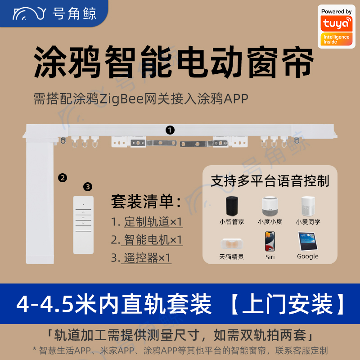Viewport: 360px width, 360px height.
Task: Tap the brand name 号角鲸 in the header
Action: click(74, 13)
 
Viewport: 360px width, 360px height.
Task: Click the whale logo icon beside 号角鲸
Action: click(29, 13)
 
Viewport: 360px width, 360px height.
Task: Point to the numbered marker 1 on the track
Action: click(170, 130)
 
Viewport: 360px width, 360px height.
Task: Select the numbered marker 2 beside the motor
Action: click(63, 178)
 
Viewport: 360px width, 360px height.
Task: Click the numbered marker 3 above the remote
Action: click(88, 187)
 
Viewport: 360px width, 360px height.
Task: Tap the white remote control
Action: click(83, 225)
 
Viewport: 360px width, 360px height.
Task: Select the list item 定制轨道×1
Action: click(153, 221)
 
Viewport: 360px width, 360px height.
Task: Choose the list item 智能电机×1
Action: click(153, 240)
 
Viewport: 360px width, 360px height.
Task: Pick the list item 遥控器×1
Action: click(147, 257)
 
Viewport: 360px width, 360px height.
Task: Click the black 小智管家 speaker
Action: click(231, 206)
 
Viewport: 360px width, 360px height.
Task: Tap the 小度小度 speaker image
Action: click(270, 206)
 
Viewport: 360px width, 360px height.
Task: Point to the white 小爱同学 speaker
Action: click(308, 206)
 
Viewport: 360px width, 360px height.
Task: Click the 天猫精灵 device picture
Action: click(231, 243)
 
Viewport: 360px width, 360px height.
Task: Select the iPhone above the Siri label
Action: click(270, 241)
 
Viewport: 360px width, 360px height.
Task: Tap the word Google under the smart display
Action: click(308, 256)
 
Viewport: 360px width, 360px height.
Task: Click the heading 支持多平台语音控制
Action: click(270, 181)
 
